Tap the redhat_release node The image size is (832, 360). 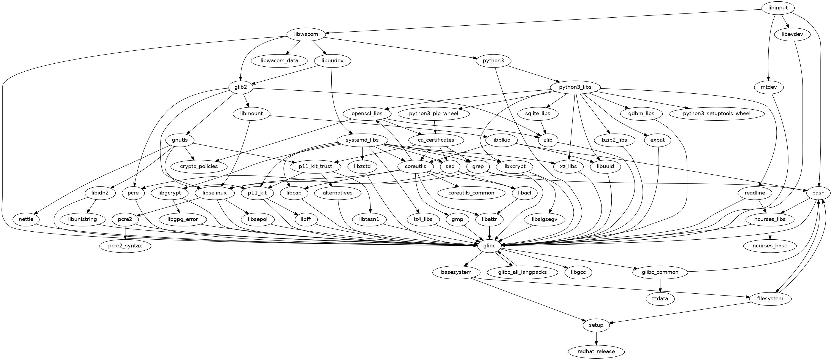pos(596,351)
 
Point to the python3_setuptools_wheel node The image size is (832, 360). pos(716,113)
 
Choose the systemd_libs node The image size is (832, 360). pos(362,140)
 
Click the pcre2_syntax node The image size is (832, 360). pos(125,246)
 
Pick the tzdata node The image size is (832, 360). pos(660,298)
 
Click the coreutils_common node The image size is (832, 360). pos(471,193)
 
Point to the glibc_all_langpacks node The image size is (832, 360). pos(522,272)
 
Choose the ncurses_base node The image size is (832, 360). pos(770,246)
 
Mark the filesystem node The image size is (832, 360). pos(770,298)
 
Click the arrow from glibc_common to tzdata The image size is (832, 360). pos(660,285)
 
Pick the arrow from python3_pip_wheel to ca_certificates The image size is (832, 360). pos(436,127)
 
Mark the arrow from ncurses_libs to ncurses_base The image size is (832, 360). pos(770,232)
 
